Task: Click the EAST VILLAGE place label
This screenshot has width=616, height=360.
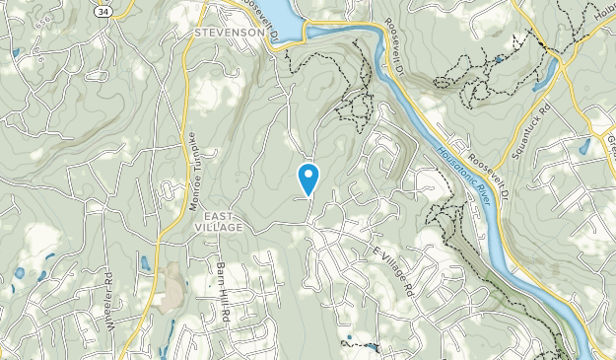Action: pyautogui.click(x=218, y=221)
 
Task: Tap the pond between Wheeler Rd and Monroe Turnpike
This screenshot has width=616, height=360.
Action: pyautogui.click(x=145, y=263)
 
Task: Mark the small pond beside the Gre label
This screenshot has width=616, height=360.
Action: pyautogui.click(x=585, y=146)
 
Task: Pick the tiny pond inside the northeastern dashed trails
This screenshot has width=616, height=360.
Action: pyautogui.click(x=499, y=59)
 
